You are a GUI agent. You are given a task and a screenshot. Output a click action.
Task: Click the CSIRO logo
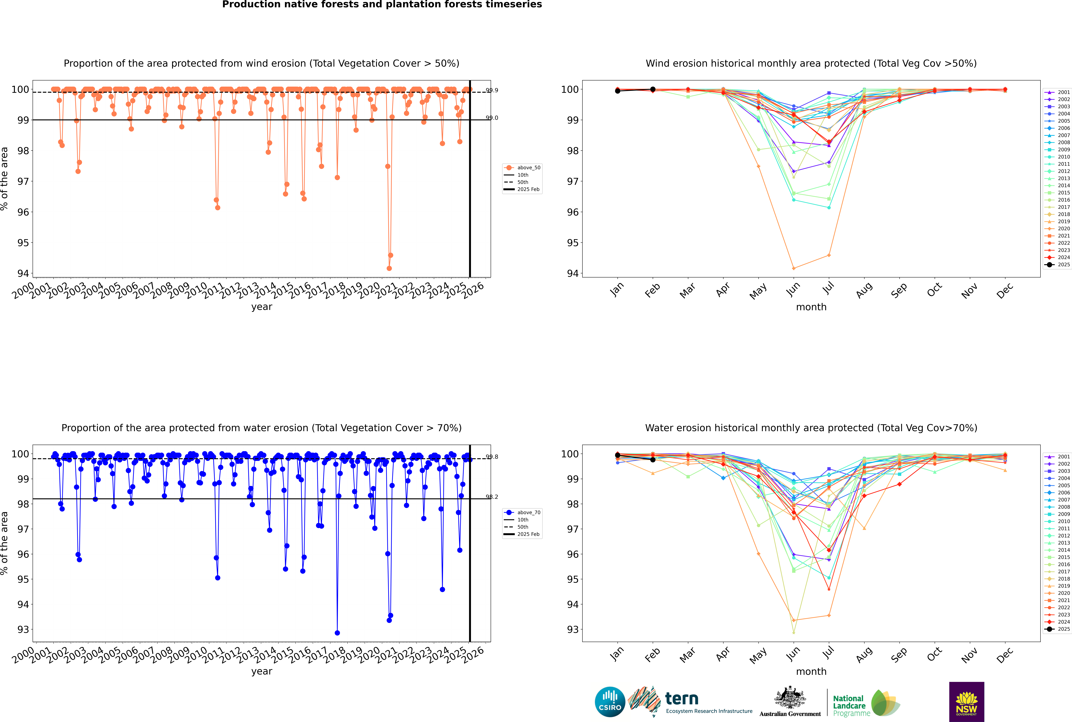(x=610, y=702)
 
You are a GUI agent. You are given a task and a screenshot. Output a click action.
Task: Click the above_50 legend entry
(x=528, y=168)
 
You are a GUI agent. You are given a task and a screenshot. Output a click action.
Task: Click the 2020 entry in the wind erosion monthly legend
(x=1063, y=228)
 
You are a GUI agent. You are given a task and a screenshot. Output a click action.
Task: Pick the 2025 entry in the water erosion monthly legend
(x=1063, y=629)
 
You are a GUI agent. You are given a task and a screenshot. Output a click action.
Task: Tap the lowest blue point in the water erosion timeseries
(x=337, y=633)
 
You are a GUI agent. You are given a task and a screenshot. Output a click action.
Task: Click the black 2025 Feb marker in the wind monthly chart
(x=653, y=89)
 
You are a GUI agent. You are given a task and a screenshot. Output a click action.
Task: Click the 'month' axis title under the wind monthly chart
(x=811, y=307)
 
